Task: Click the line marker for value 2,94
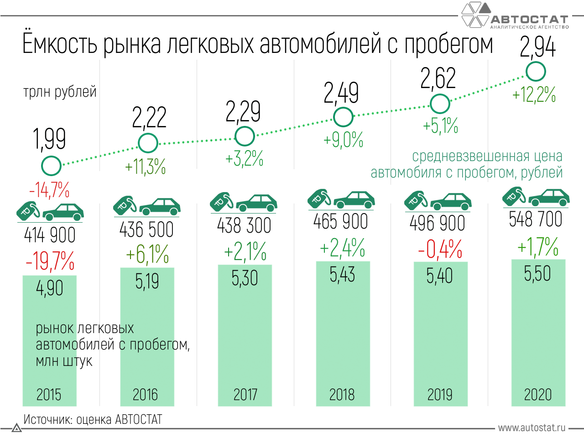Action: click(536, 72)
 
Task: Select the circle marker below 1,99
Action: click(51, 166)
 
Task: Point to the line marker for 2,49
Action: click(343, 117)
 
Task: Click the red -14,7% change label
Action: click(49, 189)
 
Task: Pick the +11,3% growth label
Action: click(146, 167)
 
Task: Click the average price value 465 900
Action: click(340, 222)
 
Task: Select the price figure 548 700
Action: click(536, 219)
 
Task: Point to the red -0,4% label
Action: click(440, 250)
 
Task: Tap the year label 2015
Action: click(49, 395)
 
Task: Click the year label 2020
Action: click(538, 395)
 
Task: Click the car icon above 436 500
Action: click(160, 206)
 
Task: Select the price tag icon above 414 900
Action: click(28, 209)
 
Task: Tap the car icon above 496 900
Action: click(451, 201)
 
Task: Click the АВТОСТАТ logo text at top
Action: click(529, 20)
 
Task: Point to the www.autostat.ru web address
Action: click(532, 428)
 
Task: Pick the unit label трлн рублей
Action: click(60, 92)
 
